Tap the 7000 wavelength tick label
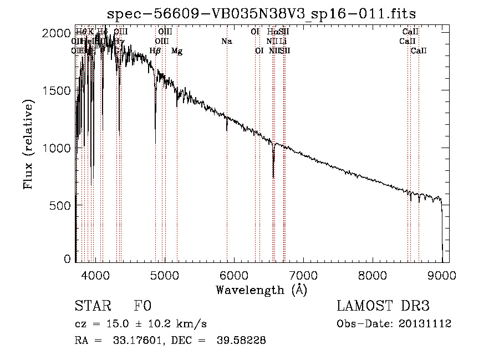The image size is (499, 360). pos(303,275)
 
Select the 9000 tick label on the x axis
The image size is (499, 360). pos(442,275)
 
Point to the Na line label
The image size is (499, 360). pos(226,41)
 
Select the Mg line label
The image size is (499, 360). pos(177,51)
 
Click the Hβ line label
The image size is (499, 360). pos(155,51)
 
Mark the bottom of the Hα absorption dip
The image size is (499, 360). pos(273,177)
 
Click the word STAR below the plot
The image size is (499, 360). pos(93,306)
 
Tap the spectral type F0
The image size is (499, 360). pos(142,306)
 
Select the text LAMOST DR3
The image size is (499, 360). pos(383,306)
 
